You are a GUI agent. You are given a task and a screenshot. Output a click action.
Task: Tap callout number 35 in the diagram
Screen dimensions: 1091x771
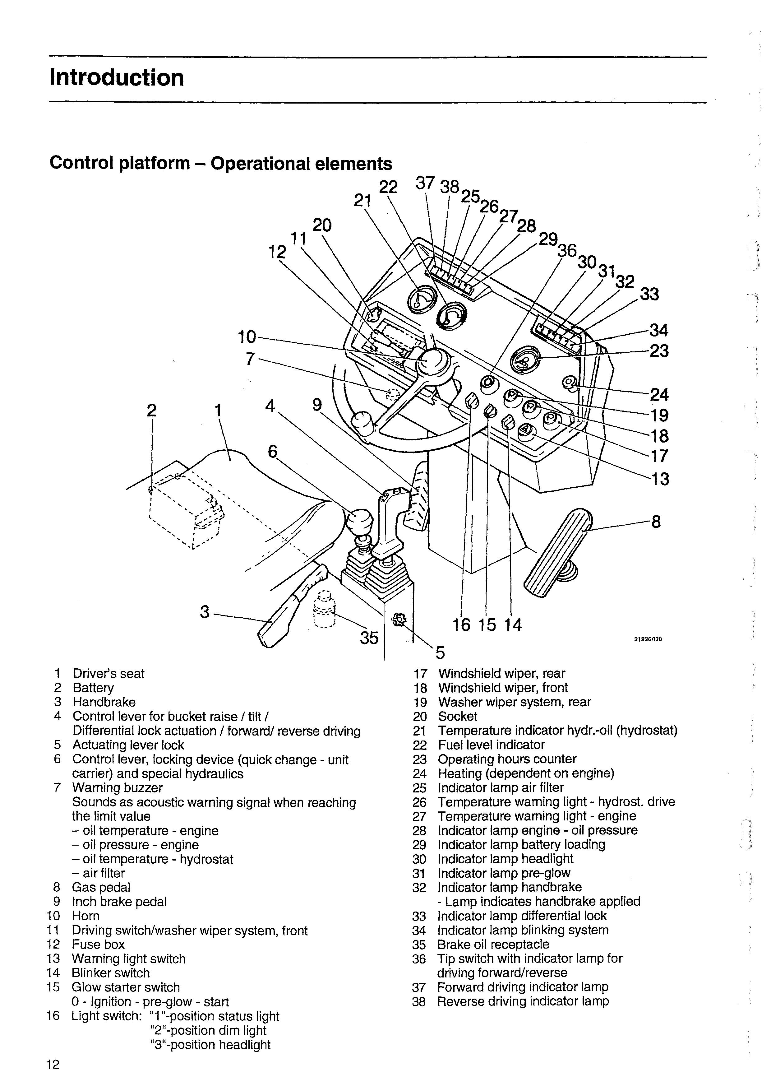369,638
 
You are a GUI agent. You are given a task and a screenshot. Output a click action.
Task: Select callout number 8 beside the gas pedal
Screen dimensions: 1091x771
656,522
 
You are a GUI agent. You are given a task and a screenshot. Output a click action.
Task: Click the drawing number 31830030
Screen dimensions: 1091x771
648,639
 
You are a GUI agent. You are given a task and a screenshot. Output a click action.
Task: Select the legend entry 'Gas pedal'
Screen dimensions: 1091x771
101,887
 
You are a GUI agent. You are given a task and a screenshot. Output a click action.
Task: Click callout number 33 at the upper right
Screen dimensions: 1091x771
649,294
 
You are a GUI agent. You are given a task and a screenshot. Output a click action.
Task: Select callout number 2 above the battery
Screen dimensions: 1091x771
151,410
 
